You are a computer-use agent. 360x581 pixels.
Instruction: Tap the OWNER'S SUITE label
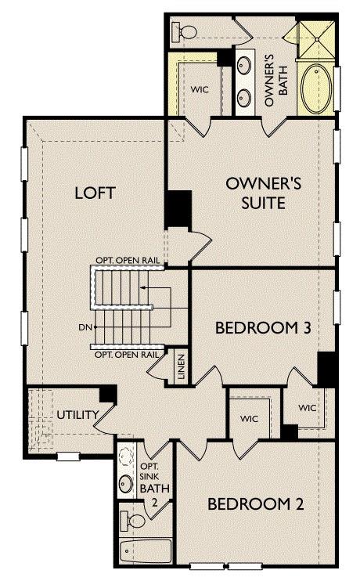pos(254,193)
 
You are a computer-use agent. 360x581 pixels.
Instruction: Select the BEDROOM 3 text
pos(264,327)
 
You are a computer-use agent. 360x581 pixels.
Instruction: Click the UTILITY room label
pos(77,414)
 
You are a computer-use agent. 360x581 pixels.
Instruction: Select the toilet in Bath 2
pos(133,519)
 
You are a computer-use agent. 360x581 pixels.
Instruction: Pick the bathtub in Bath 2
pos(144,552)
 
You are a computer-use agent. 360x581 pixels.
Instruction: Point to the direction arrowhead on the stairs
pos(144,288)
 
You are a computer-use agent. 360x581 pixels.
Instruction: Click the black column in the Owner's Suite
pos(178,210)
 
